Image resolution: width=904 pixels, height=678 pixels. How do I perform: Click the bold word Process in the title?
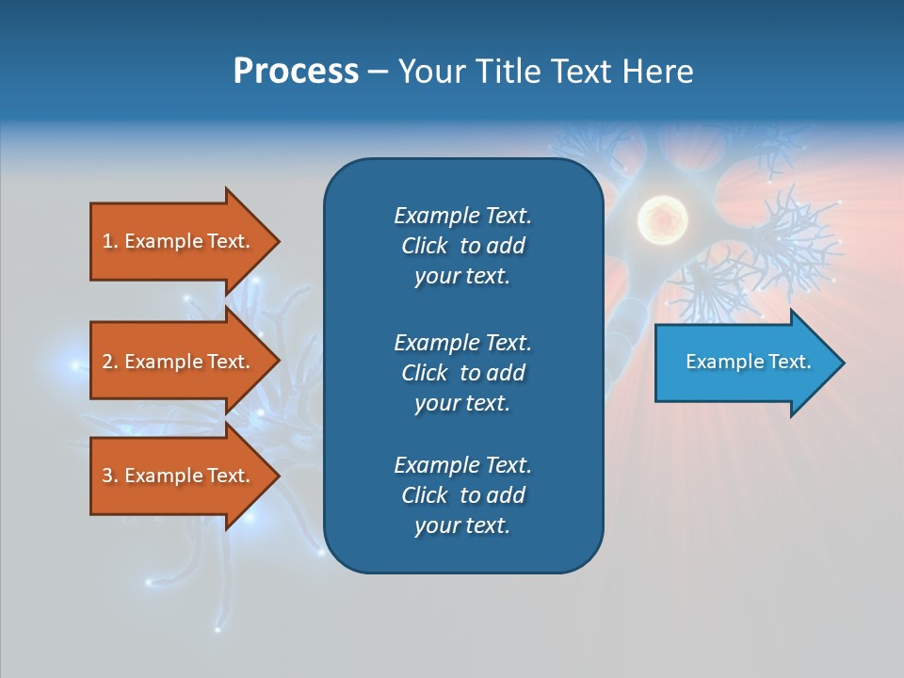click(296, 72)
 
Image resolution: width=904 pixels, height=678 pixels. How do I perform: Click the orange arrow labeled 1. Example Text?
click(176, 241)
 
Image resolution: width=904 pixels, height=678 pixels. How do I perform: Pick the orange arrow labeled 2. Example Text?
click(176, 362)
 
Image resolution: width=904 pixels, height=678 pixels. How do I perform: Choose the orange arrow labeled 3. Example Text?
click(176, 476)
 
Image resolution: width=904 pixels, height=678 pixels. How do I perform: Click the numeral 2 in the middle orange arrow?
click(107, 362)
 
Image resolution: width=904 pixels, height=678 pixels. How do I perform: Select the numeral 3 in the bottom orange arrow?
click(107, 476)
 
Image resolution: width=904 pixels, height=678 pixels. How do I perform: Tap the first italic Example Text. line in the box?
click(462, 216)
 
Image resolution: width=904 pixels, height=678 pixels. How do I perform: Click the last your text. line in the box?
click(462, 525)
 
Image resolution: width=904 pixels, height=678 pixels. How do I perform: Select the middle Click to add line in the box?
click(462, 373)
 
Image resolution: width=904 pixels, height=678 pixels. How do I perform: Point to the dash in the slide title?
click(378, 72)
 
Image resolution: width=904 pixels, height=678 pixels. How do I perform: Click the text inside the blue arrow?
click(748, 362)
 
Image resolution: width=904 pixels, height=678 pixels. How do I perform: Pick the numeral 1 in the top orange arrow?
click(107, 241)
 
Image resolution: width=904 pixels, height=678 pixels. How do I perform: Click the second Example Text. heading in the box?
click(462, 342)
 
